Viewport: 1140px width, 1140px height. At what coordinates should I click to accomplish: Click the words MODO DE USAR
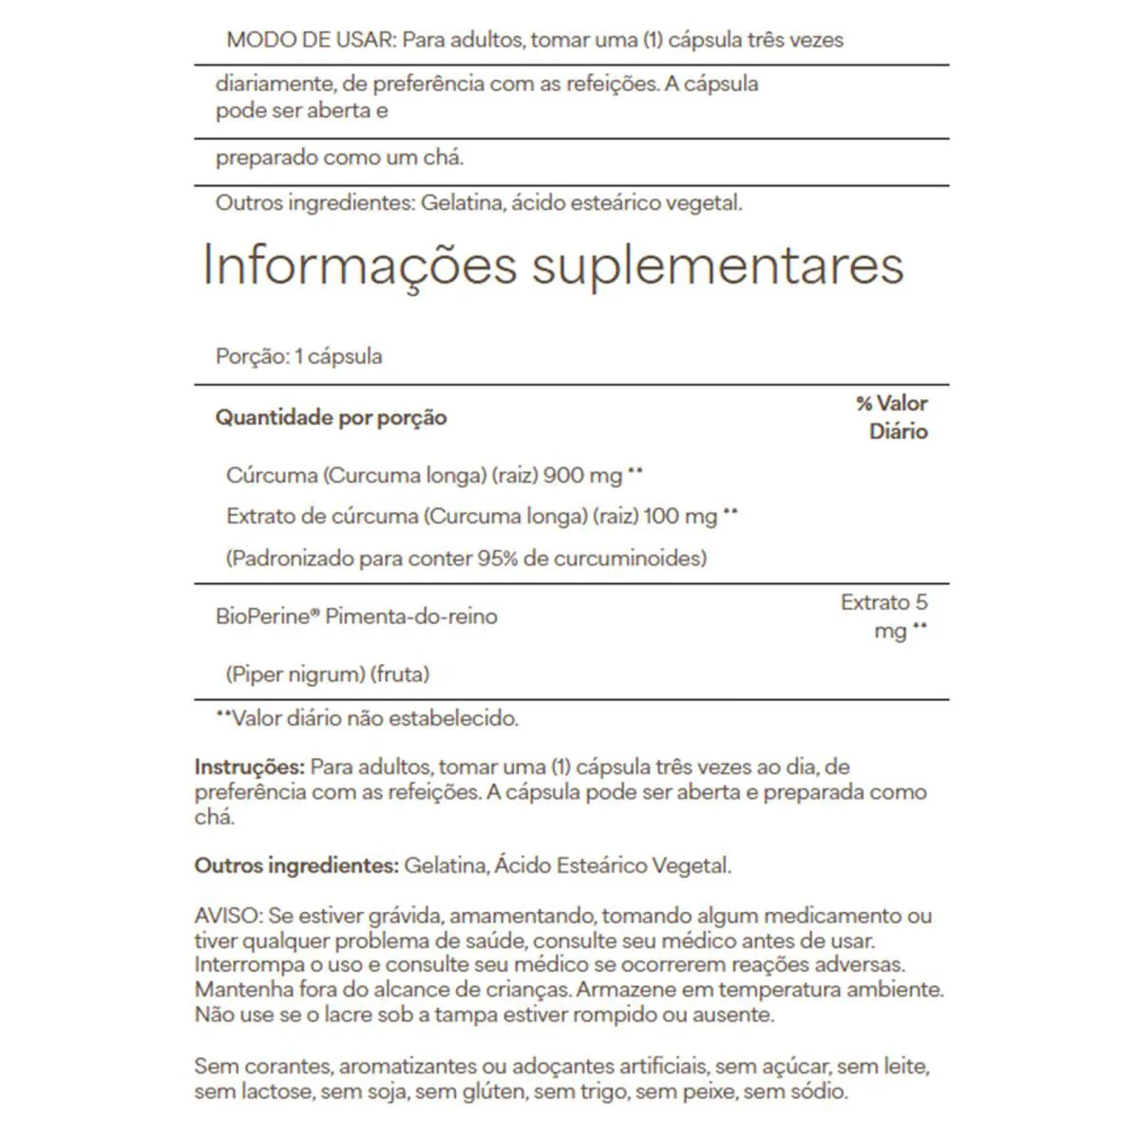pyautogui.click(x=310, y=40)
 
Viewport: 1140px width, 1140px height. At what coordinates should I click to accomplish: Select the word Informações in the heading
pyautogui.click(x=360, y=266)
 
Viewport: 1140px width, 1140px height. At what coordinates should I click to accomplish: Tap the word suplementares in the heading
pyautogui.click(x=717, y=266)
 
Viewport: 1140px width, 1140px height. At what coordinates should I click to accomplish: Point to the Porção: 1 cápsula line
pyautogui.click(x=299, y=357)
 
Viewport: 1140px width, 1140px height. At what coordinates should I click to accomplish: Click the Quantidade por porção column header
pyautogui.click(x=331, y=417)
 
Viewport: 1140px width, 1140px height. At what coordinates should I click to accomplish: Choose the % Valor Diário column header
pyautogui.click(x=892, y=417)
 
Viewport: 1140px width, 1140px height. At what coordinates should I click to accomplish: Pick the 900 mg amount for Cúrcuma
pyautogui.click(x=582, y=475)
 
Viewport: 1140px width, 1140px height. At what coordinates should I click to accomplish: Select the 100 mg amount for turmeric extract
pyautogui.click(x=680, y=517)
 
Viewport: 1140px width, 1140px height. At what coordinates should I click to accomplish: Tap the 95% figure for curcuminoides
pyautogui.click(x=498, y=558)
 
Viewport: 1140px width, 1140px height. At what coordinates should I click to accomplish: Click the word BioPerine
pyautogui.click(x=263, y=617)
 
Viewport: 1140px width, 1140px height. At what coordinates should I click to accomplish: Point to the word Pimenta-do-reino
pyautogui.click(x=411, y=617)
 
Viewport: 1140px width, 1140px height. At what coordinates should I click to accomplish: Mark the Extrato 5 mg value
pyautogui.click(x=884, y=616)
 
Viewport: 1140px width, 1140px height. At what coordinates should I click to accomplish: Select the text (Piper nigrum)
pyautogui.click(x=295, y=674)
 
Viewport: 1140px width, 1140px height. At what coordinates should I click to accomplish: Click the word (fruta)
pyautogui.click(x=401, y=674)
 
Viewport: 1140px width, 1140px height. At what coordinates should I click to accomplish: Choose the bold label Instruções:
pyautogui.click(x=250, y=767)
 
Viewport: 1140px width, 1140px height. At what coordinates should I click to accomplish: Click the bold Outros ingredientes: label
pyautogui.click(x=295, y=865)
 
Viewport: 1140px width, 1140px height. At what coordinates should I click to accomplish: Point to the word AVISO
pyautogui.click(x=227, y=917)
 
